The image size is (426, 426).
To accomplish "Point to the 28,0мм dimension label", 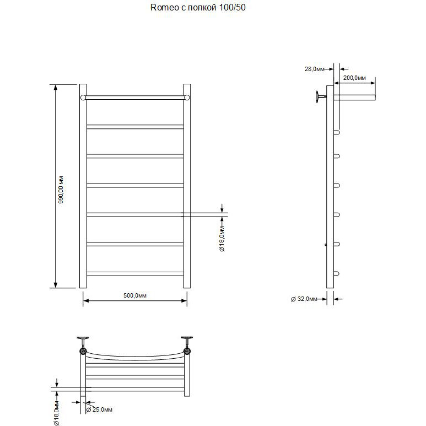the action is [315, 69].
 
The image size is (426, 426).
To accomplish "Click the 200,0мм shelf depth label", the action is [354, 78].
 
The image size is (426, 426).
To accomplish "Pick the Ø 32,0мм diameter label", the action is [304, 299].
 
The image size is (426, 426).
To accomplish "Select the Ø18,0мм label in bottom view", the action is [56, 413].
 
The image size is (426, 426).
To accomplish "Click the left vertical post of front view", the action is [83, 186].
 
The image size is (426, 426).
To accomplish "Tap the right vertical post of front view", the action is [187, 186].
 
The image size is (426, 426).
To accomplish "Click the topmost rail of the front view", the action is [135, 98].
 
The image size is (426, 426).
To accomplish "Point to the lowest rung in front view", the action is [135, 273].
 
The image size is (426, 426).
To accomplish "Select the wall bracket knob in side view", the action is [319, 98].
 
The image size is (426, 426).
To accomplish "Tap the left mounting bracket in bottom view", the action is [83, 342].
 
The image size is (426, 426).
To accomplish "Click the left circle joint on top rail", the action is [83, 98].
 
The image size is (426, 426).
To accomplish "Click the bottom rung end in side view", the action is [338, 273].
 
